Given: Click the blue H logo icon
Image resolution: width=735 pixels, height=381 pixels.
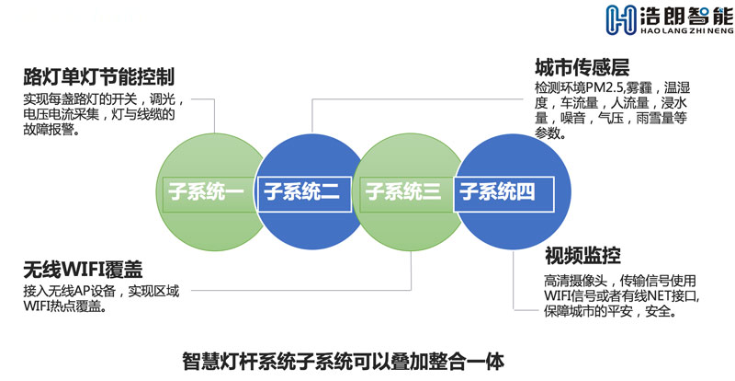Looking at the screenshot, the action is [x=621, y=19].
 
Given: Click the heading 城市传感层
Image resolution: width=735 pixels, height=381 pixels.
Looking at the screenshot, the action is [x=582, y=68].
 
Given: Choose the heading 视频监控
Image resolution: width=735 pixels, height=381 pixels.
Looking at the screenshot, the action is [x=582, y=256].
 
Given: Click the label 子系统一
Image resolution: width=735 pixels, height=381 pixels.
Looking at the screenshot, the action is [x=206, y=192].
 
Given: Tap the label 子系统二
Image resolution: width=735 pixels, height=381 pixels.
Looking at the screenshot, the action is [x=302, y=192].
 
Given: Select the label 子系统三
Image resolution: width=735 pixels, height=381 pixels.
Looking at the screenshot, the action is [x=403, y=192].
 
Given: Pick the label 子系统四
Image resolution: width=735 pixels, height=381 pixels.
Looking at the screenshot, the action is [x=497, y=192].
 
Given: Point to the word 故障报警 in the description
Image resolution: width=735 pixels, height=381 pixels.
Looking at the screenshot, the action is [x=49, y=130].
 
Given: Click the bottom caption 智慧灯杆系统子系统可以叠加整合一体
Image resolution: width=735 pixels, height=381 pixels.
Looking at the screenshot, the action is [x=344, y=362].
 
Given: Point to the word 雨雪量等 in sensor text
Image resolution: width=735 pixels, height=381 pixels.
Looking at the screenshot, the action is [x=661, y=118].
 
